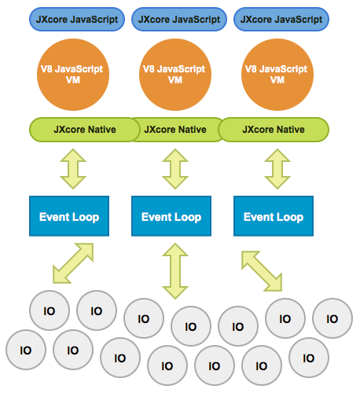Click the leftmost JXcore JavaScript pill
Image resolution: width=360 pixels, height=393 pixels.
77,19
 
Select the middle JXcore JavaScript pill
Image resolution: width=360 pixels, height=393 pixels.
179,19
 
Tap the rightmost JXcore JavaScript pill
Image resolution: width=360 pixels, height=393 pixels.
281,19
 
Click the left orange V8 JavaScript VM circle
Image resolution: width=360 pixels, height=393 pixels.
73,75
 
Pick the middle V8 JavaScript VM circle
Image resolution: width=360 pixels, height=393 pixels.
175,75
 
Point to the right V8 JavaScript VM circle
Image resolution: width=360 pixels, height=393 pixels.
277,75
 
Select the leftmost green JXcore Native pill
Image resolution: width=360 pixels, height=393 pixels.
85,130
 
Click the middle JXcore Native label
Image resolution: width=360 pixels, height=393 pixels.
175,130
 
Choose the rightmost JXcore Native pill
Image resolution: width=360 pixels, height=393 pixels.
274,130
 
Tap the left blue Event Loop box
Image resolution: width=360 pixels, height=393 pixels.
69,216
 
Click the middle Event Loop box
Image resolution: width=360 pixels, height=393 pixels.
171,216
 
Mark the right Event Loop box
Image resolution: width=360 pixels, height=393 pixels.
274,216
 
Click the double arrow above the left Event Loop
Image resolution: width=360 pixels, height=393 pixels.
73,169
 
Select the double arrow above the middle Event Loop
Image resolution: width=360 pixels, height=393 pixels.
175,169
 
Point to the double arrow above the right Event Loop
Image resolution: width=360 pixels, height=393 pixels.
277,169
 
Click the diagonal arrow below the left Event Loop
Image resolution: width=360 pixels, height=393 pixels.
73,263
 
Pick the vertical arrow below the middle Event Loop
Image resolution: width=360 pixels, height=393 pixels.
175,271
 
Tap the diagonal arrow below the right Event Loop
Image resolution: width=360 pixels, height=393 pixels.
262,271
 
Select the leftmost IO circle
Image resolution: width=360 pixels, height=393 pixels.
26,350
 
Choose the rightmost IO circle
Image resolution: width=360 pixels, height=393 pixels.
332,318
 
